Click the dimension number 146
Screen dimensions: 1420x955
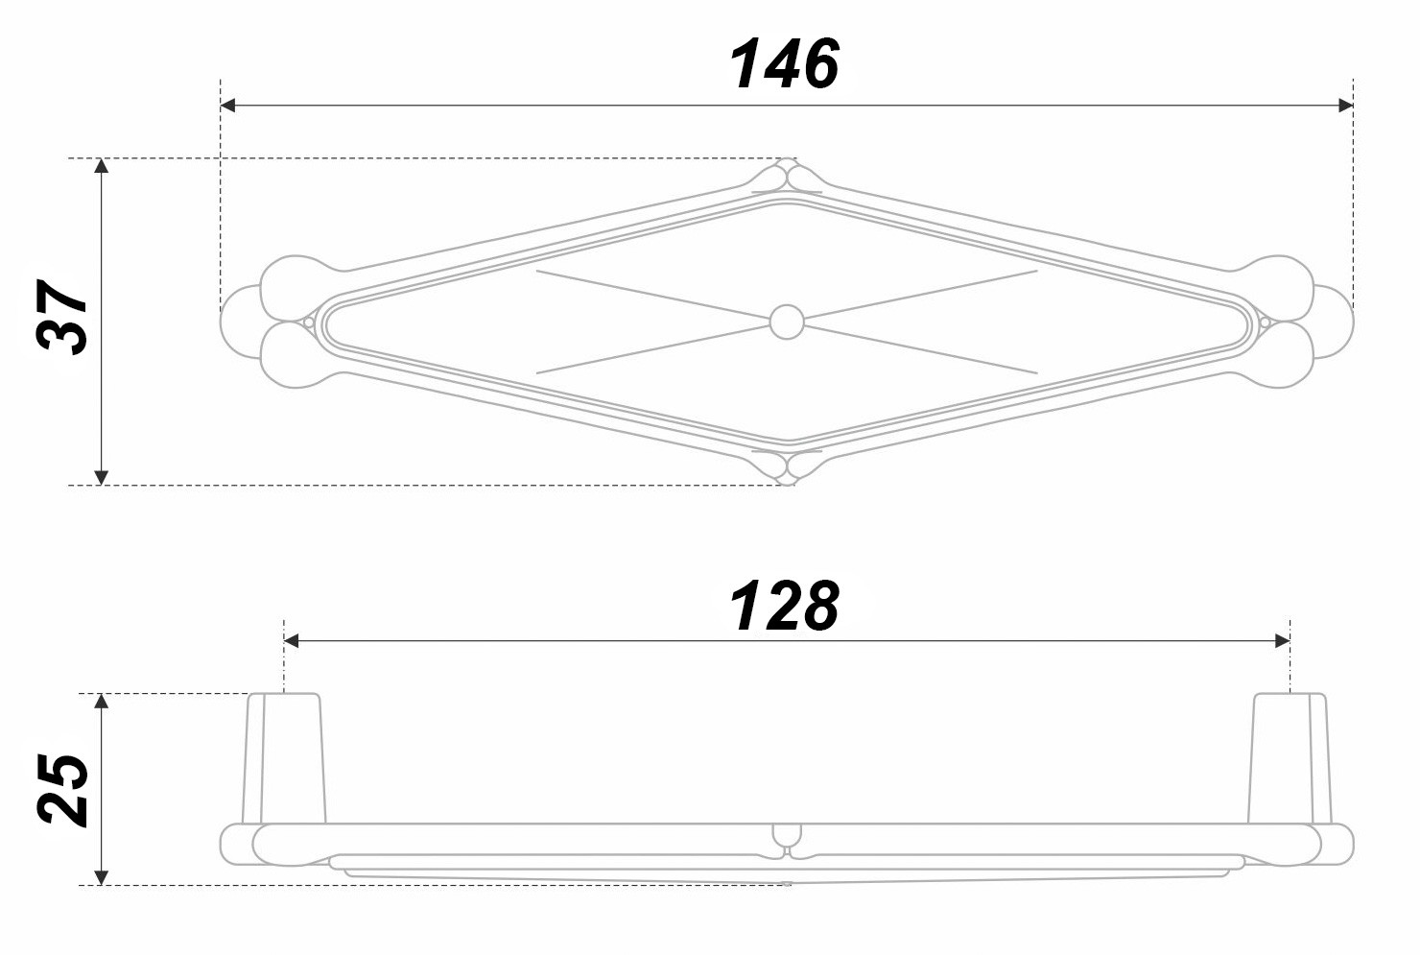pos(784,63)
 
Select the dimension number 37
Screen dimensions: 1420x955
pos(61,317)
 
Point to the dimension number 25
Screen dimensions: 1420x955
pos(62,790)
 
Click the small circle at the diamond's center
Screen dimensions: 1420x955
pos(786,322)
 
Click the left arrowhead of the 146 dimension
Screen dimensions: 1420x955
pos(227,106)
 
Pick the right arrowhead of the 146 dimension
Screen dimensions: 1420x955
pos(1345,106)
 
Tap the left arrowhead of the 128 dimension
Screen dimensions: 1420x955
pos(291,641)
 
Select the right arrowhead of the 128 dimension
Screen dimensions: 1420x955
pos(1282,641)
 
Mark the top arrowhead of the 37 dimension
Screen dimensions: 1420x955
pos(101,165)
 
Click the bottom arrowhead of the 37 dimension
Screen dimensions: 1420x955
pos(101,478)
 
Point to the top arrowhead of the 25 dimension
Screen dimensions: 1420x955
pos(102,702)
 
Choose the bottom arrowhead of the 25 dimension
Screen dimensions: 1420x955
pos(102,877)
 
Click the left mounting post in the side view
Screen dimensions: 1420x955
pos(283,758)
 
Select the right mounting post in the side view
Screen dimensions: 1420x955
pos(1290,758)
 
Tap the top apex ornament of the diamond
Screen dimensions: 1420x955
pos(787,175)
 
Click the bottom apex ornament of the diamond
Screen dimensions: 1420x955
pos(787,468)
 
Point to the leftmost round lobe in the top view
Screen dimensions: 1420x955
pos(241,322)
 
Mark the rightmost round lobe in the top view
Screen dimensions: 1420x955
pos(1333,322)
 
